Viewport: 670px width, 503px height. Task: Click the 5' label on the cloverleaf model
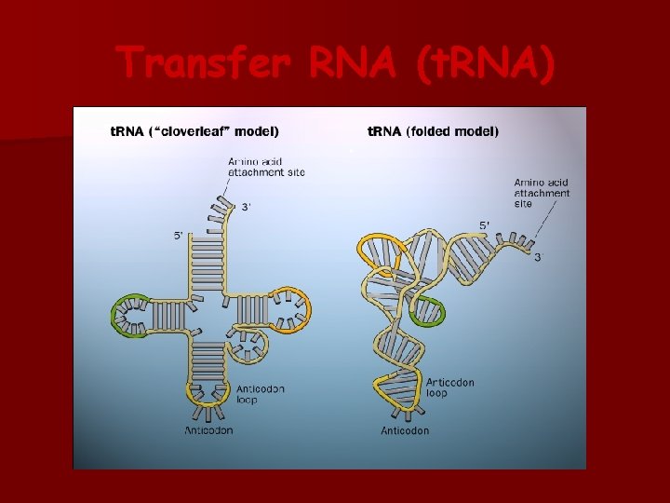coord(179,236)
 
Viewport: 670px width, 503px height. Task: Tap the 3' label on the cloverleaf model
coord(247,207)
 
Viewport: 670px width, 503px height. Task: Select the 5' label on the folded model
coord(485,225)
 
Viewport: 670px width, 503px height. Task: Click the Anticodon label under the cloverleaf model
coord(208,430)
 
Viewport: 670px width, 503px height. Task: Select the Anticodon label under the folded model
coord(405,430)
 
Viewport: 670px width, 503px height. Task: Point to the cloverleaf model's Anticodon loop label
coord(260,393)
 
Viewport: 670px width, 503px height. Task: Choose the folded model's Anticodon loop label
coord(450,387)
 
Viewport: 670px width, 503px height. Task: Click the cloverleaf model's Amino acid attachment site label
coord(266,167)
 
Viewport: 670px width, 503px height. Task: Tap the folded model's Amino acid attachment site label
coord(542,193)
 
